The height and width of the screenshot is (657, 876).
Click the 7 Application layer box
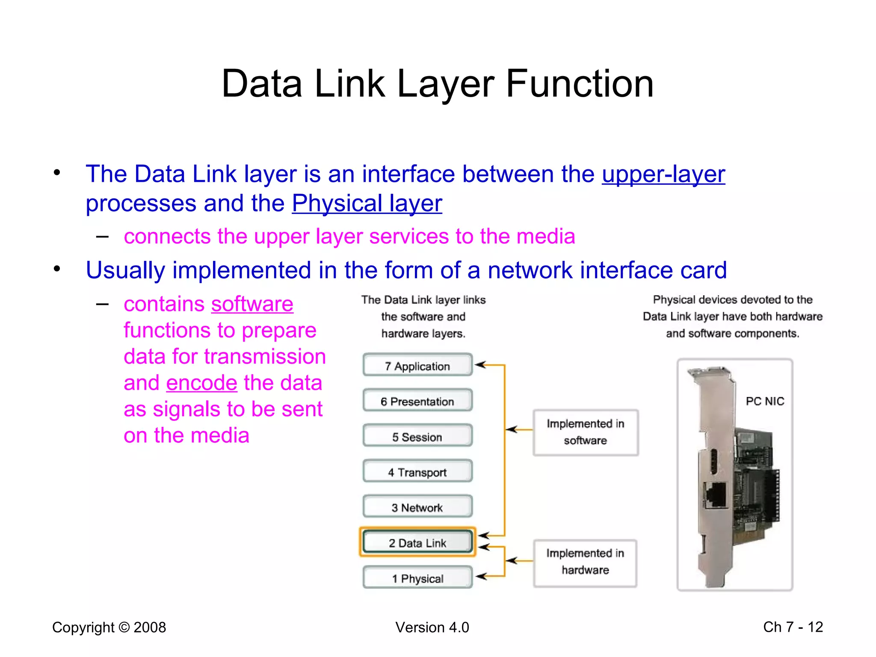click(x=417, y=366)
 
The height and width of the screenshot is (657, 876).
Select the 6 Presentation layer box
click(x=417, y=401)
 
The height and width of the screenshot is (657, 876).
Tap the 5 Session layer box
click(x=417, y=437)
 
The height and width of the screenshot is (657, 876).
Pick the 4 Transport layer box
click(x=417, y=472)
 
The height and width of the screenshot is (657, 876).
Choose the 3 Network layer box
click(x=417, y=507)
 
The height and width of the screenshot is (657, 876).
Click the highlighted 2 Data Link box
click(x=417, y=542)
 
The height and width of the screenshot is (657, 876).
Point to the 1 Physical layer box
click(x=417, y=578)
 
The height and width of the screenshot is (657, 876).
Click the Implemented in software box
click(x=585, y=432)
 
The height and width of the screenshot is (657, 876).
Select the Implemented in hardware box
click(x=585, y=562)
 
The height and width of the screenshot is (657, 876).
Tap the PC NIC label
click(x=765, y=401)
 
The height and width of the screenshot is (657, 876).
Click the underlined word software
click(x=252, y=304)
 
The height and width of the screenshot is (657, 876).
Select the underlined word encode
click(x=201, y=383)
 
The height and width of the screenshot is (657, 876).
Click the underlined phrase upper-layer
click(x=663, y=174)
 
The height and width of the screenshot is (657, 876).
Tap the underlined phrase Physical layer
click(x=367, y=203)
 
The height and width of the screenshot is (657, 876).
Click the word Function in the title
click(x=579, y=84)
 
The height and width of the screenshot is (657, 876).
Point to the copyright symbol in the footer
click(x=124, y=627)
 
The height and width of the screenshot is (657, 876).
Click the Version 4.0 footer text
click(x=432, y=627)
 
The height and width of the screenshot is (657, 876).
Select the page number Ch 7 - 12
click(x=793, y=627)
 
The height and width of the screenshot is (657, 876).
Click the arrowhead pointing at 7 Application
click(x=480, y=365)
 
